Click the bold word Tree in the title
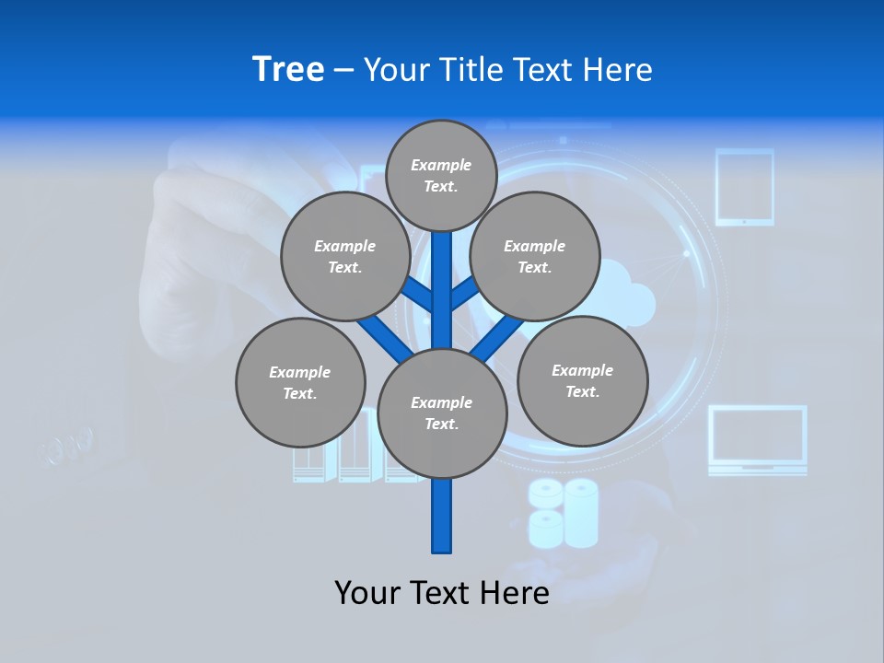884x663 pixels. (x=288, y=70)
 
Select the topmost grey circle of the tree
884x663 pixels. (x=441, y=175)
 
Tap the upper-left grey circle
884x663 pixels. (x=345, y=256)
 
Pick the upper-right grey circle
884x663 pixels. (x=535, y=256)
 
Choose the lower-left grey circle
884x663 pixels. (x=300, y=382)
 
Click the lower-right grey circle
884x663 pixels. (x=582, y=380)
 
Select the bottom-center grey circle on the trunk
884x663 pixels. (x=442, y=413)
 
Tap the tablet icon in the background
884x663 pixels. (x=745, y=187)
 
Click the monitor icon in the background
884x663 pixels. (x=757, y=440)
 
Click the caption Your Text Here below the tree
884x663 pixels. (x=442, y=592)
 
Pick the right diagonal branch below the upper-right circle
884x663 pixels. (x=497, y=337)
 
